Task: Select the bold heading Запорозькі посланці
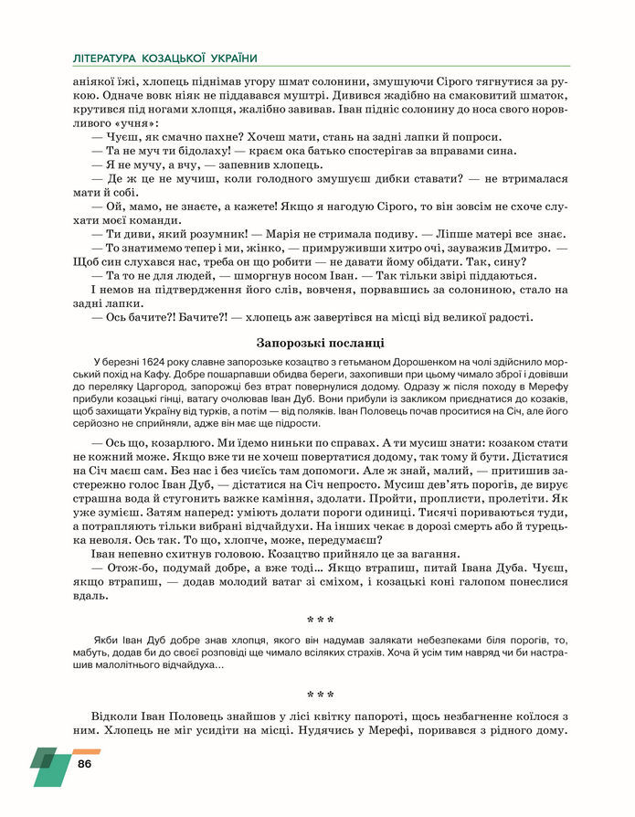click(x=317, y=343)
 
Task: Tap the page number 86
click(x=85, y=763)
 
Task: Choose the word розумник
click(x=208, y=235)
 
